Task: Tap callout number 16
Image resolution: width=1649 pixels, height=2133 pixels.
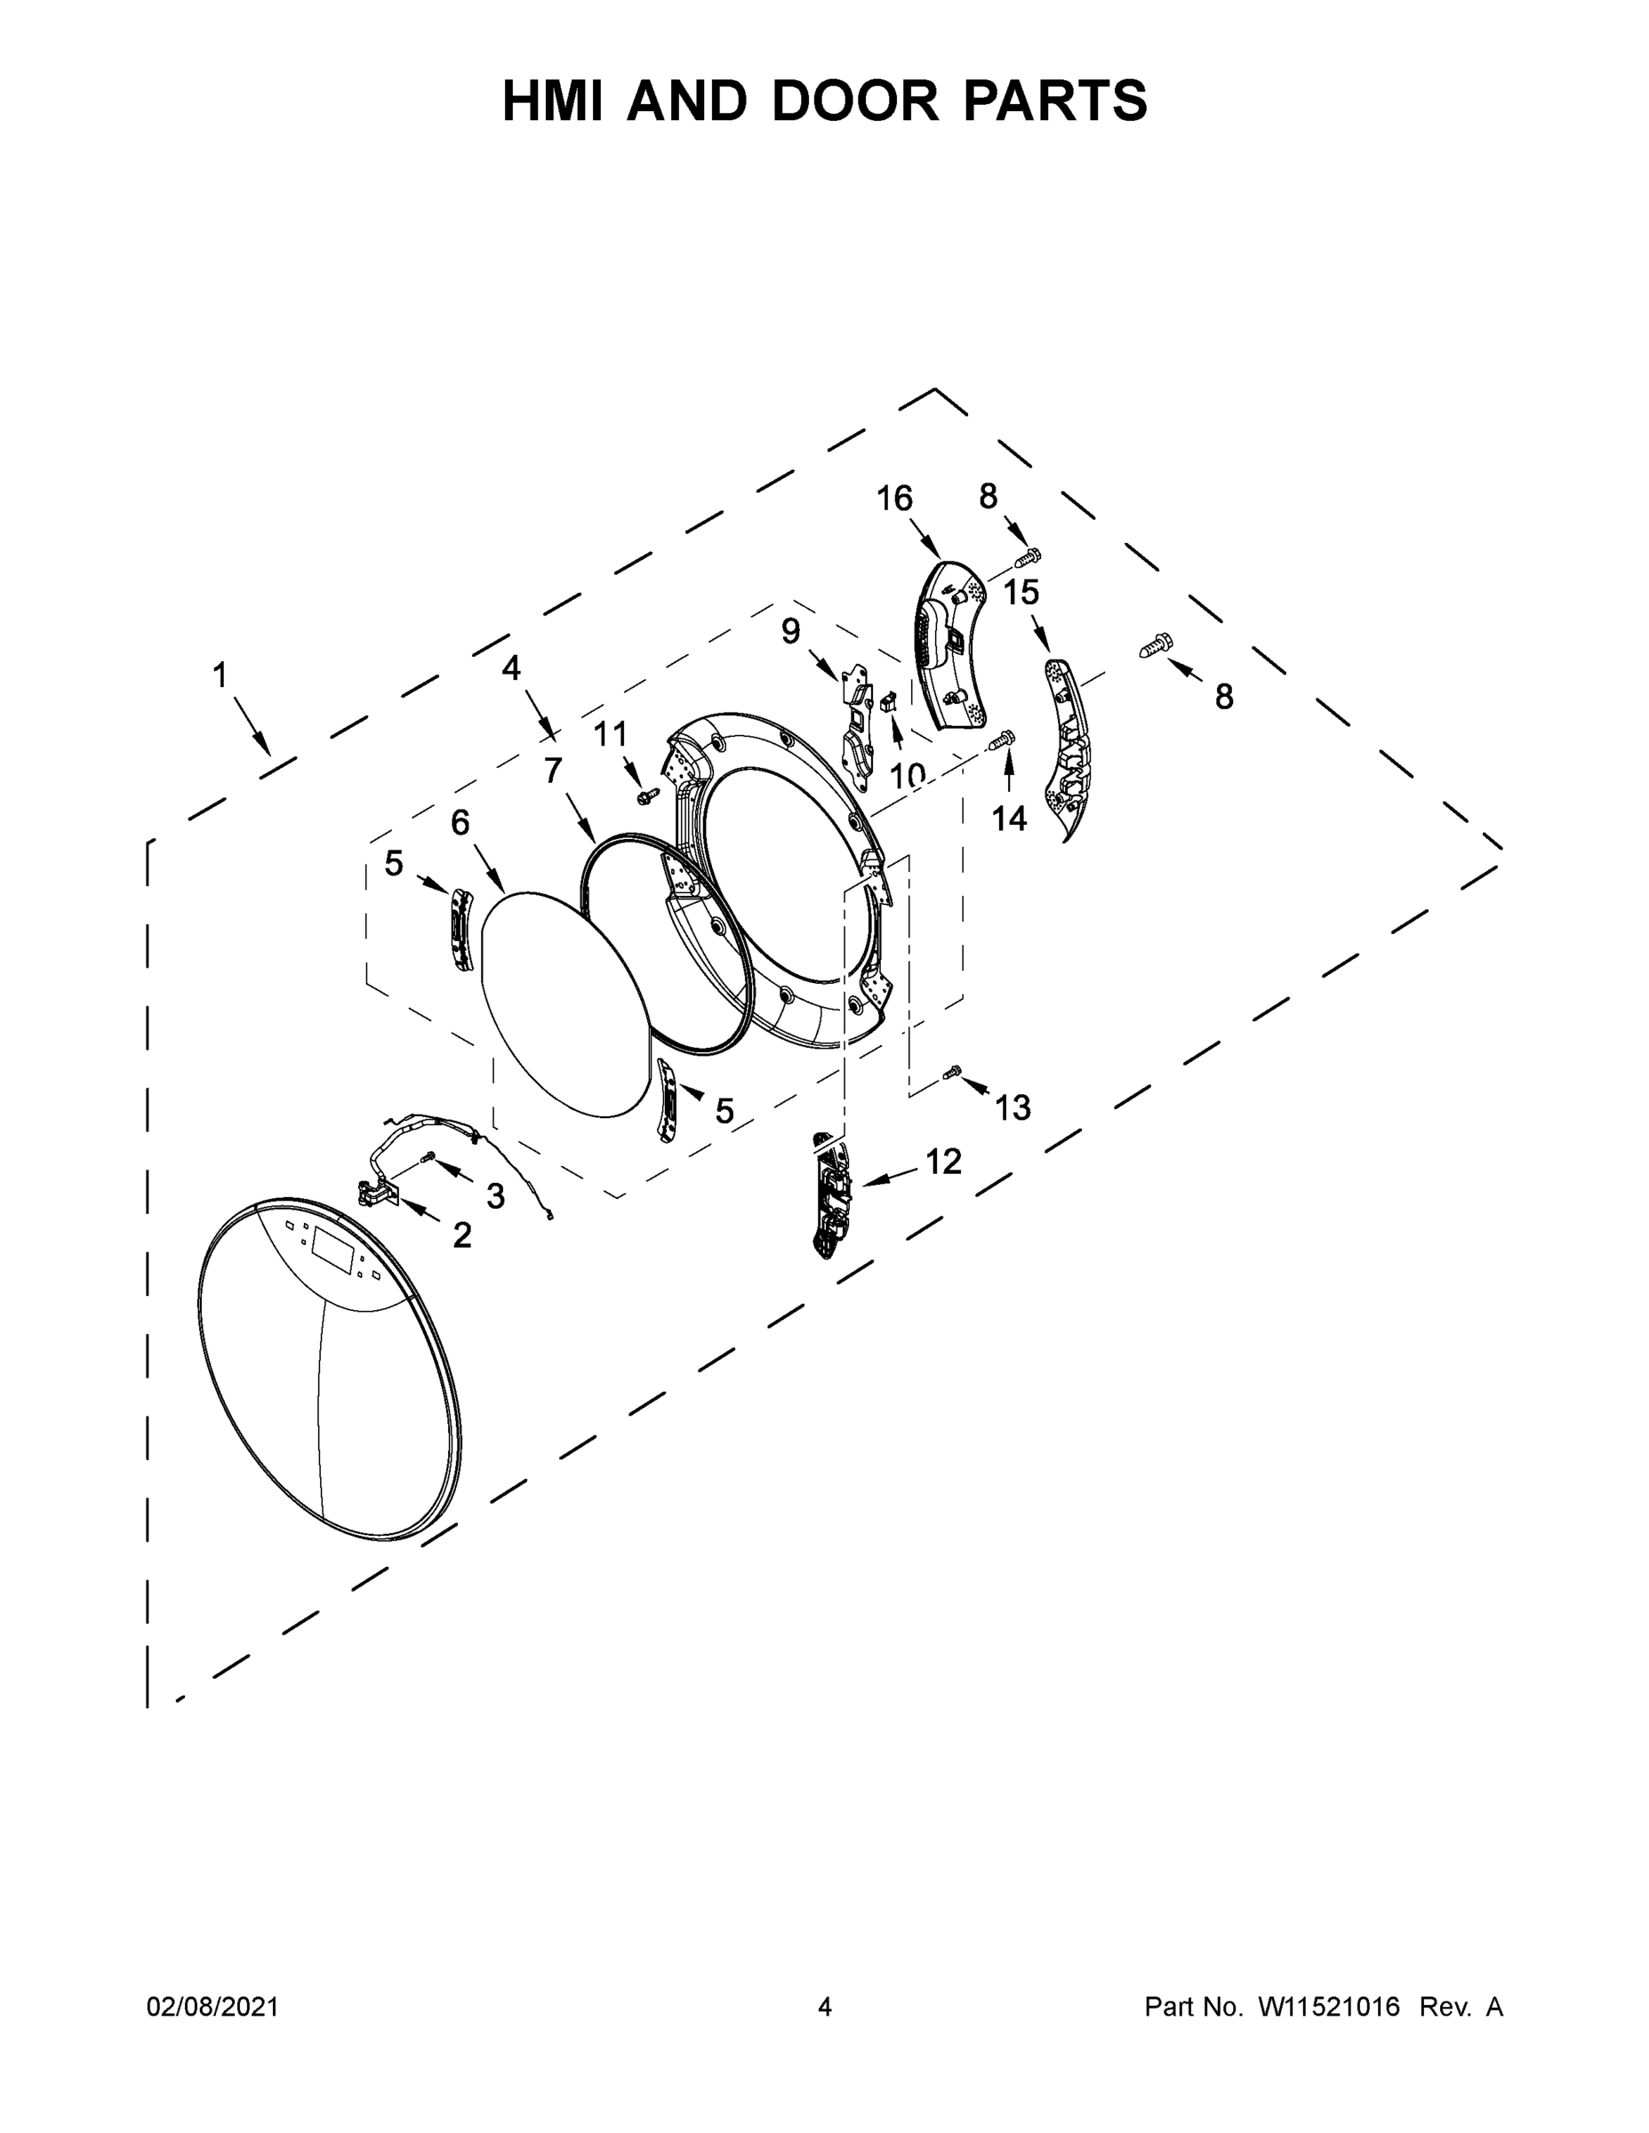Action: pos(894,499)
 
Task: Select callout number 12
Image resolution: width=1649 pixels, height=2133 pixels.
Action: pos(942,1162)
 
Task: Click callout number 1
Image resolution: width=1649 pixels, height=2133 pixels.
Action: pos(220,675)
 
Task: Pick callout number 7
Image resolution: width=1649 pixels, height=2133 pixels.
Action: pos(553,771)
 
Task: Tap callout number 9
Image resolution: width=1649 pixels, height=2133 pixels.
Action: pos(790,632)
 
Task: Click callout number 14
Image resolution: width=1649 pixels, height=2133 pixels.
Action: pos(1009,819)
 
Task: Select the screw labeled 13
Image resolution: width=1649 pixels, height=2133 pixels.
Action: pos(952,1074)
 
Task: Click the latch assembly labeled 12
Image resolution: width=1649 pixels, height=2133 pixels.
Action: pos(830,1196)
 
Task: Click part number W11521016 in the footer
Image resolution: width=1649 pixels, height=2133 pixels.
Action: pos(1329,2007)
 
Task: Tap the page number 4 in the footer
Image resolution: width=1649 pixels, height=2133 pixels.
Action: pos(825,2007)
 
